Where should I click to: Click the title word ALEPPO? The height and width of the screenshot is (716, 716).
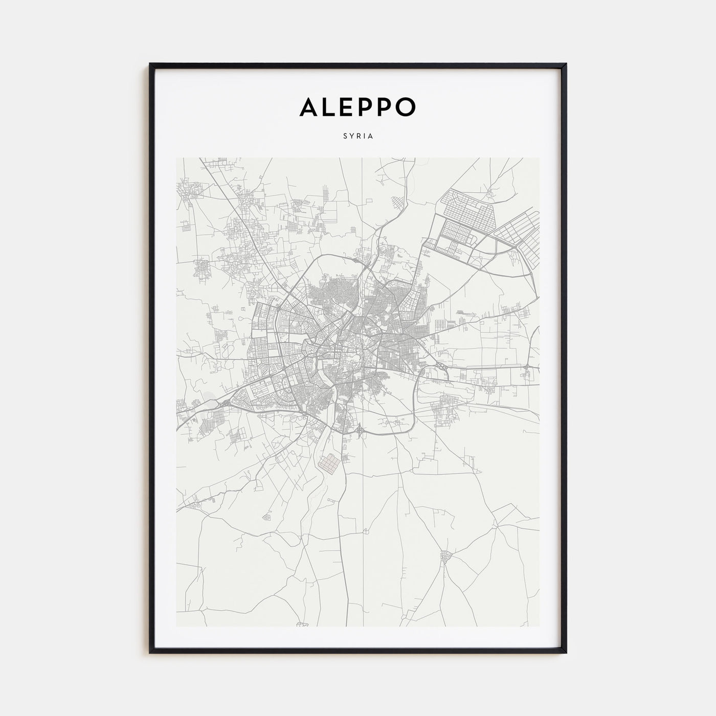[358, 106]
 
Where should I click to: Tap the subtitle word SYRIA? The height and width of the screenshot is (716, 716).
[358, 137]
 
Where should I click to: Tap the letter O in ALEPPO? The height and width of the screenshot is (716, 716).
[407, 106]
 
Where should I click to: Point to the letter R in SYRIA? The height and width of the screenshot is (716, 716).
[358, 137]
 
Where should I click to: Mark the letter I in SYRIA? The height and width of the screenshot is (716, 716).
[364, 137]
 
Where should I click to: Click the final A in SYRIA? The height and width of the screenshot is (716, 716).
[371, 137]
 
